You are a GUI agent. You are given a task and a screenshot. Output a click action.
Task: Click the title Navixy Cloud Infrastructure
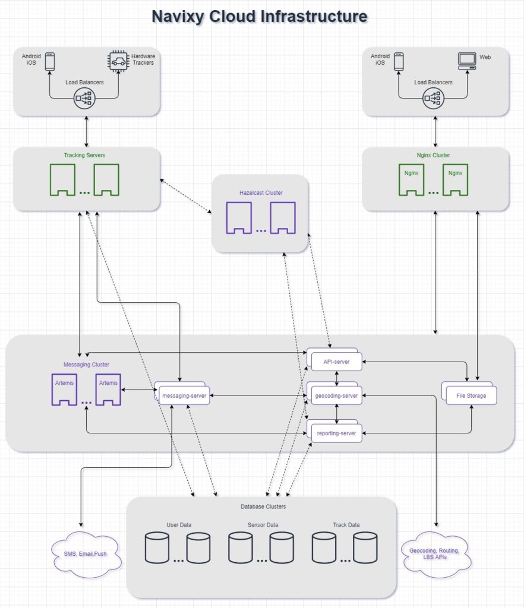[260, 16]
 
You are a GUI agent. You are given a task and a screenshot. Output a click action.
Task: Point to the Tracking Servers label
[84, 156]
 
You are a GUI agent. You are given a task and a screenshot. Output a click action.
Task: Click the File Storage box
[470, 395]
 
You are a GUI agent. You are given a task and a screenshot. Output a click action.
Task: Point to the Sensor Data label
[263, 525]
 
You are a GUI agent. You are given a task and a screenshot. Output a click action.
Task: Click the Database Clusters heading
[263, 506]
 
